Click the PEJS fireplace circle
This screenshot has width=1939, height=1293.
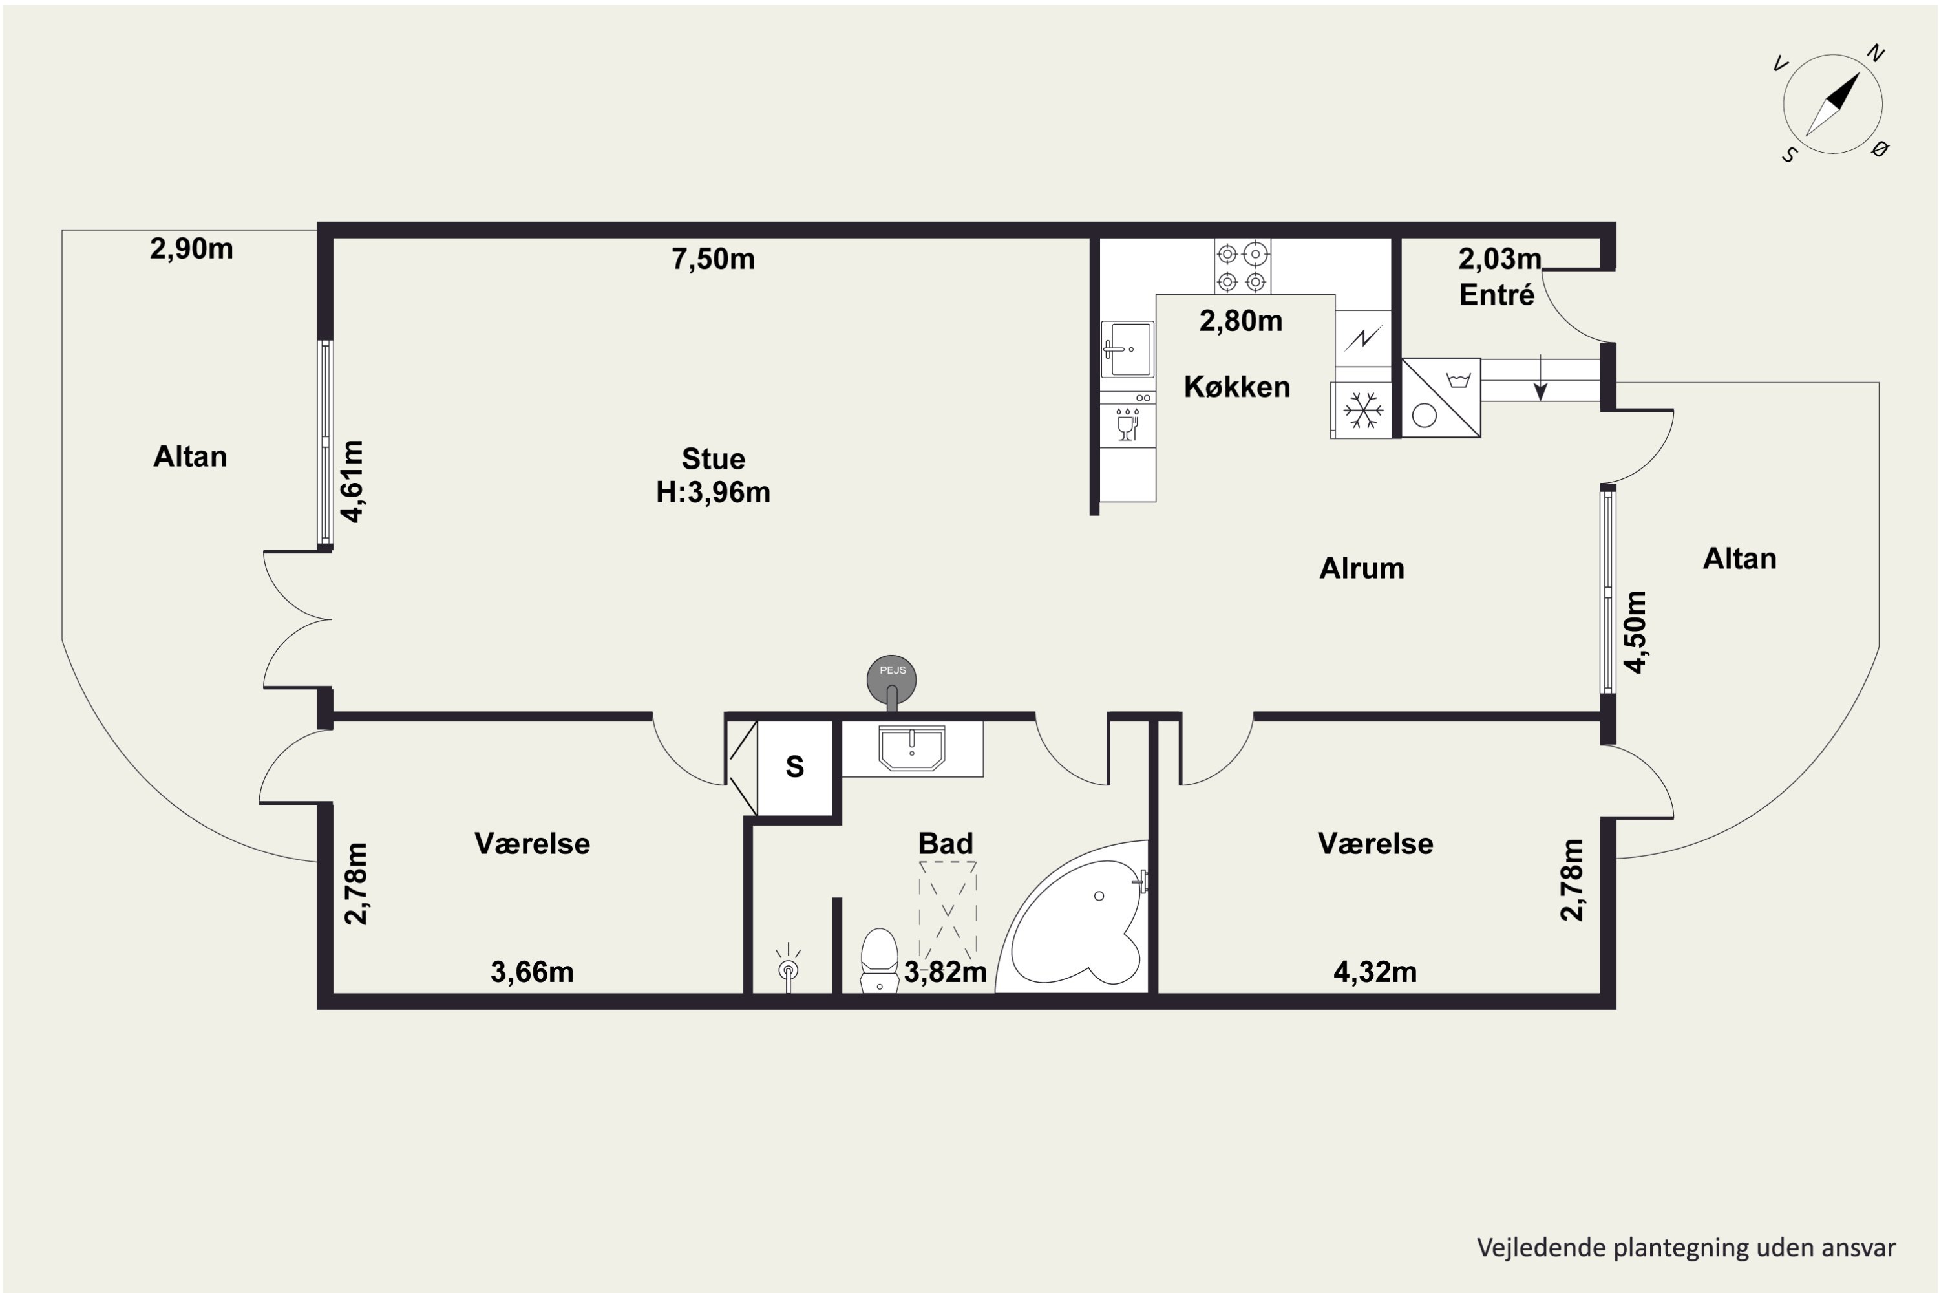coord(891,679)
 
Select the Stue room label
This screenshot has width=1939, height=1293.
coord(713,458)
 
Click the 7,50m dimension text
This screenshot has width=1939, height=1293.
coord(713,259)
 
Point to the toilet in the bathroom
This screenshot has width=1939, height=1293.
coord(880,961)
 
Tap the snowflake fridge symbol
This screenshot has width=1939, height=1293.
coord(1362,410)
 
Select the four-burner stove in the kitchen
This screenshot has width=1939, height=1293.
coord(1242,266)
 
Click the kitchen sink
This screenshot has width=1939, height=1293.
coord(1128,350)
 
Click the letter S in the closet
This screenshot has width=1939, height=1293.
coord(795,767)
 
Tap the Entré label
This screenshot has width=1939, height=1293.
coord(1497,294)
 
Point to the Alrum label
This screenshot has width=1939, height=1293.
coord(1362,568)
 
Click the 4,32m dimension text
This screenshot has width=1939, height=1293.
coord(1375,972)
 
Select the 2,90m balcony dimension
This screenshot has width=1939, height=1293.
coord(191,248)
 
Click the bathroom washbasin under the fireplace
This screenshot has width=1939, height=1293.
coord(912,748)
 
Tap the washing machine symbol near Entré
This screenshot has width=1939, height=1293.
coord(1441,398)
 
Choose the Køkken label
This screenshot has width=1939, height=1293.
coord(1236,387)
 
